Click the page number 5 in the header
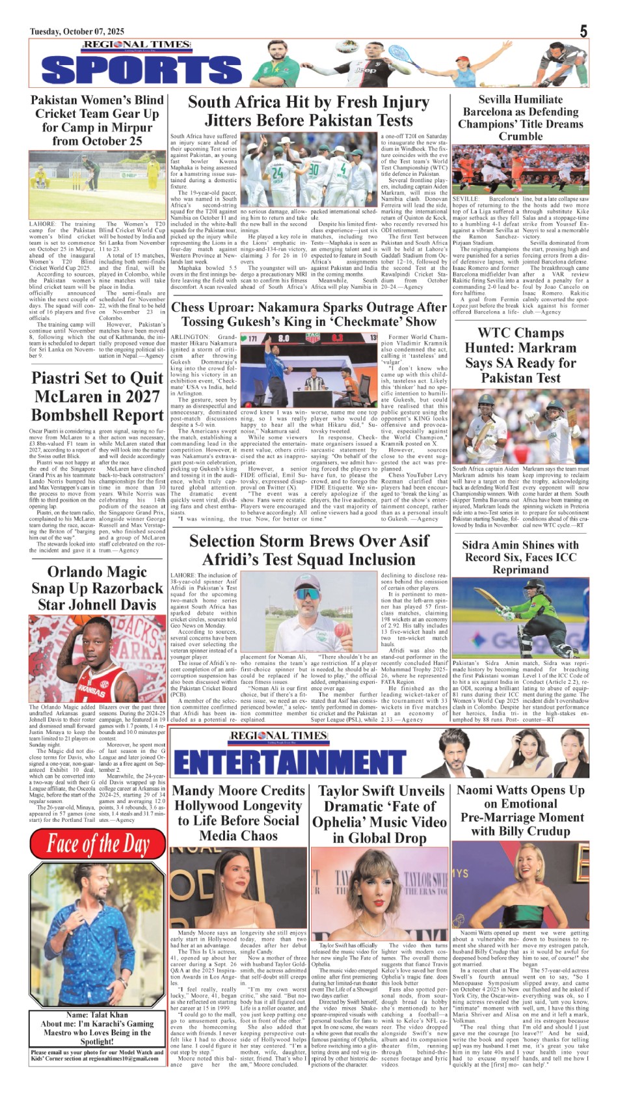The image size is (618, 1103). coord(584,31)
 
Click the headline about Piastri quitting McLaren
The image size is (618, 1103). coord(97,396)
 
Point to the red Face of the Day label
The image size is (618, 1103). coord(98,845)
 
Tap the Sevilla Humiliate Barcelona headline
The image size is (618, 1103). coord(520,118)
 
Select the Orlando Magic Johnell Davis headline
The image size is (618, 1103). coord(97,588)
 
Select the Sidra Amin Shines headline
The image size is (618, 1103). coord(520,557)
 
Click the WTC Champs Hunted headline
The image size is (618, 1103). coord(520,355)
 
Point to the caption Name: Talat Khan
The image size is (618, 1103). coord(97,1014)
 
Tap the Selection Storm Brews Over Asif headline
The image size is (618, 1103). coord(309,550)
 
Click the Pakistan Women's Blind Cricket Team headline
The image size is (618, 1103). coord(97,120)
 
